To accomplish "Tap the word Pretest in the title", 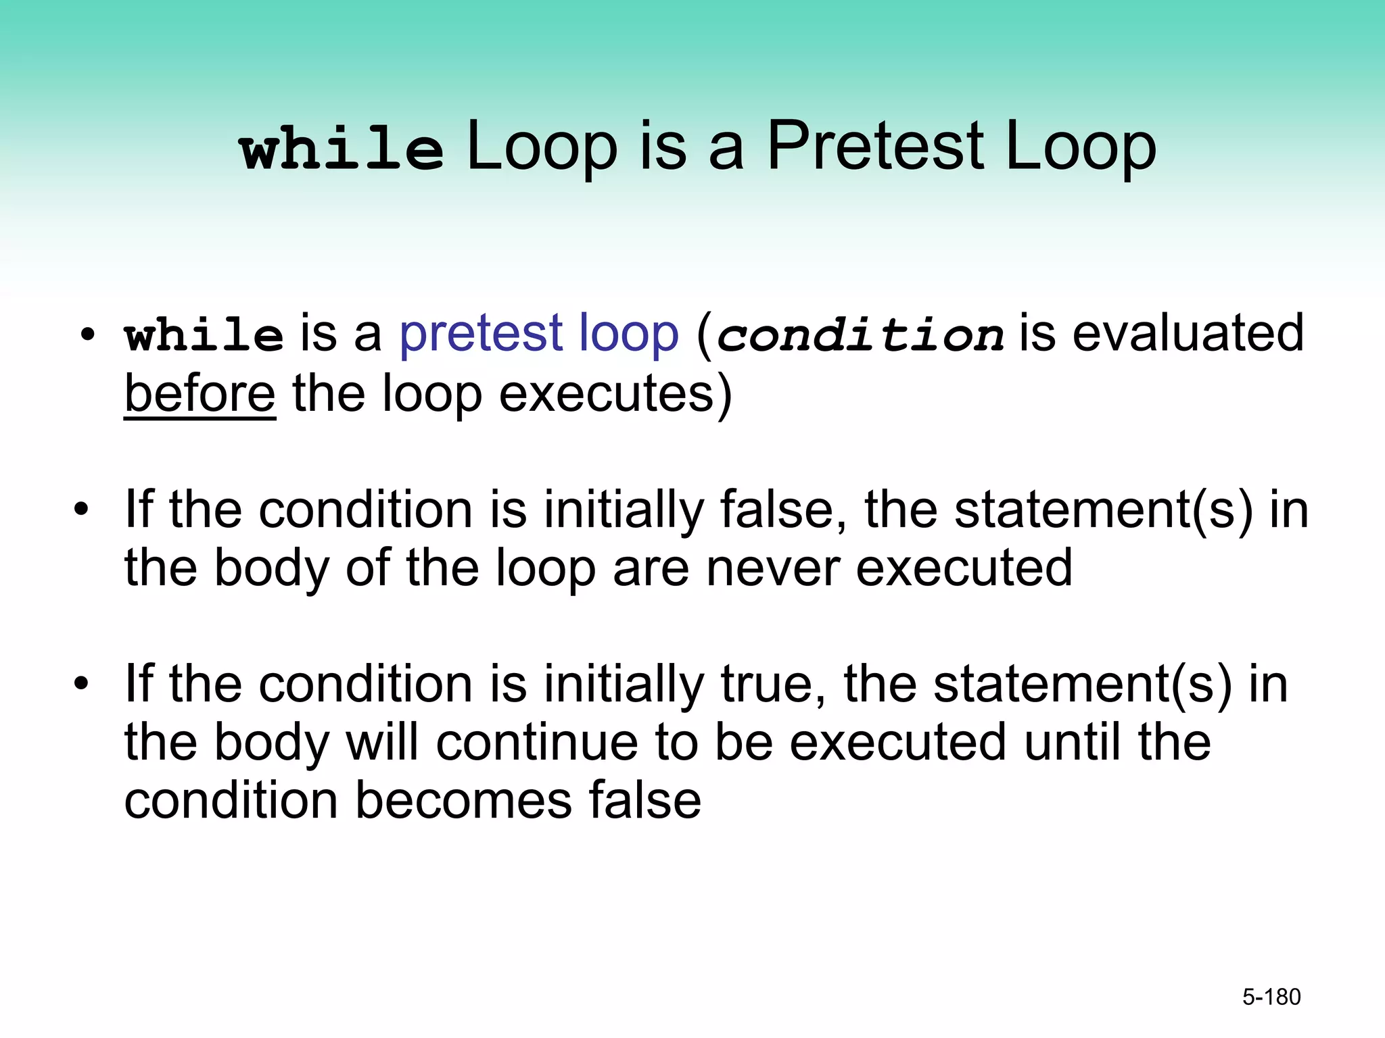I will coord(876,147).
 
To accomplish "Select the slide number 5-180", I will coord(1271,997).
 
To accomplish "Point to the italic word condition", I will coord(860,335).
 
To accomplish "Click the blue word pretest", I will coord(481,334).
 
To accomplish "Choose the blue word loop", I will coord(628,334).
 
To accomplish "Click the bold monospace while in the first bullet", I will coord(204,335).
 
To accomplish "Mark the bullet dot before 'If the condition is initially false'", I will coord(82,510).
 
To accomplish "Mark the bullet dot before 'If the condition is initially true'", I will coord(82,684).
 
